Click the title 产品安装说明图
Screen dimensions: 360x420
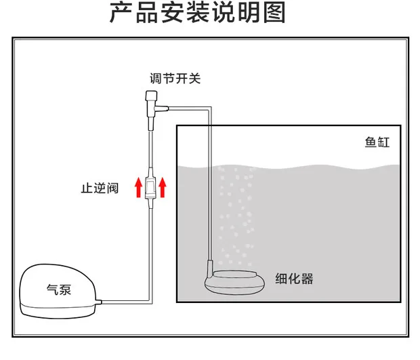[x=197, y=13]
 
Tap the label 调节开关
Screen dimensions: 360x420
[x=175, y=79]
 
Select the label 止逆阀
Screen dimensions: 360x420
[x=100, y=188]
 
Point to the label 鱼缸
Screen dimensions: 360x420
[x=377, y=143]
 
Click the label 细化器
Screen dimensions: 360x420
[x=295, y=279]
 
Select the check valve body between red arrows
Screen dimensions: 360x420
[x=150, y=187]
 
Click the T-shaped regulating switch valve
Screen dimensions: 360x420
[x=150, y=106]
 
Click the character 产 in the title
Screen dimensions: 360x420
[x=120, y=13]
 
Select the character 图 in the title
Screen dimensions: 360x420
[x=274, y=13]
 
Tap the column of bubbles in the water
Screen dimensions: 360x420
[x=234, y=210]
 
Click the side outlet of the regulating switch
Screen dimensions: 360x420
[x=163, y=106]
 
